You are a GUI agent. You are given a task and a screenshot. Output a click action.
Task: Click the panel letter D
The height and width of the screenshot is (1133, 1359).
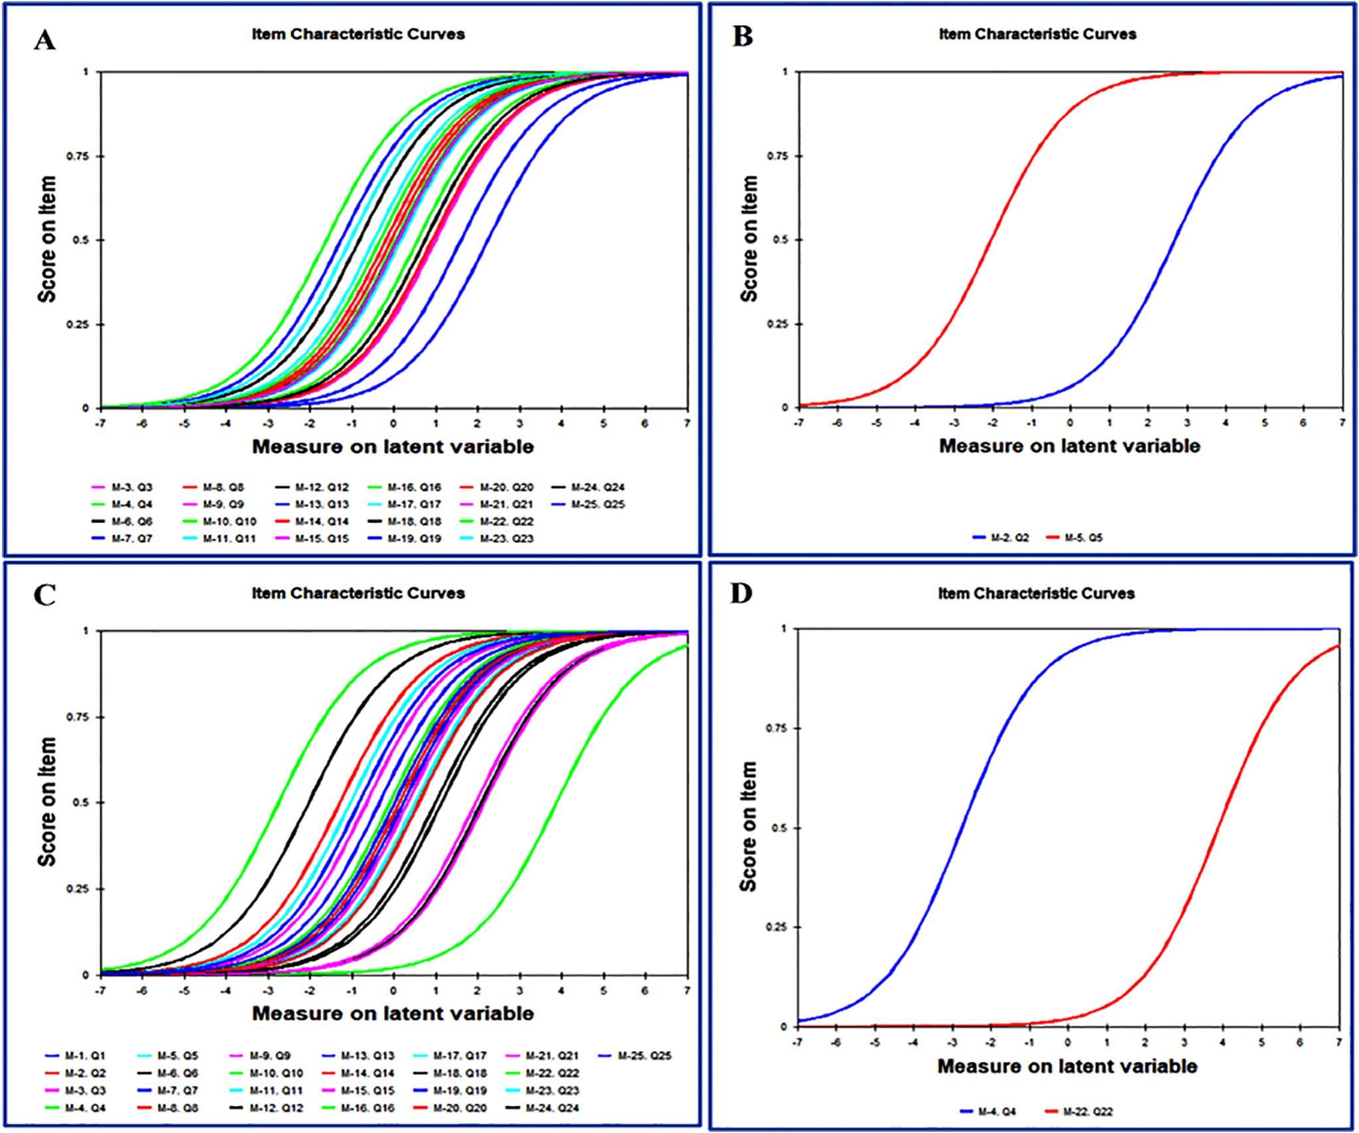tap(741, 593)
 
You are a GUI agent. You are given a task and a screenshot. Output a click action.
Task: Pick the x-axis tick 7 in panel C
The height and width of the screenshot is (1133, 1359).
tap(687, 990)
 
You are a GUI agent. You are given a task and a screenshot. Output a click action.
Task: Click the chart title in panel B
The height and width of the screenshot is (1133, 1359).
tap(1037, 34)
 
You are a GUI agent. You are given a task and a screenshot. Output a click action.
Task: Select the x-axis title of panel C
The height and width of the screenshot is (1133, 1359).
tap(393, 1013)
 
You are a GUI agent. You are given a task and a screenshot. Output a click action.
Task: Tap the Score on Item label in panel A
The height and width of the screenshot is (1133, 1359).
tap(47, 239)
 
